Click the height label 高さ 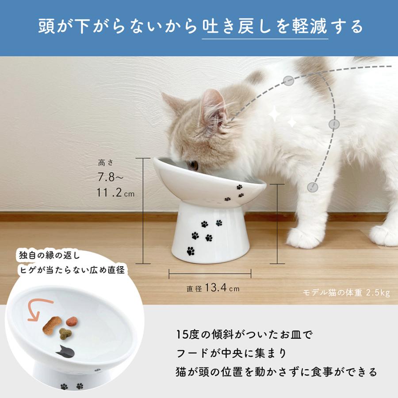tap(106, 163)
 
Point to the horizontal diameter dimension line tap(210, 274)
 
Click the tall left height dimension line tap(143, 210)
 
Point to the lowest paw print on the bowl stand tap(191, 251)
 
